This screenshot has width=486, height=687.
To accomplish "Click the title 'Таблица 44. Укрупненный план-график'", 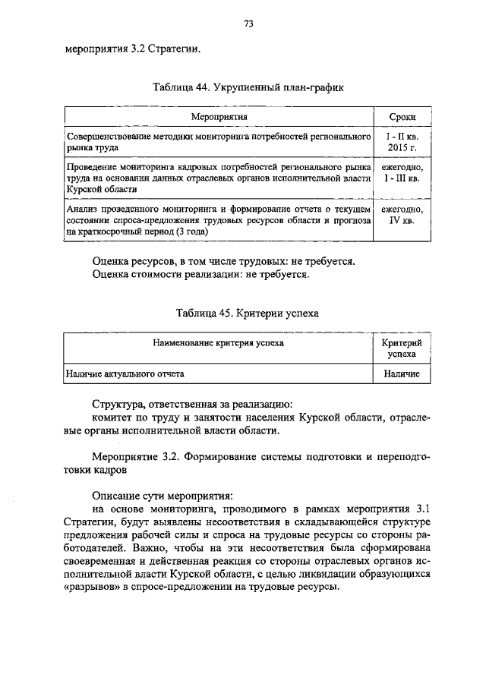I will pos(248,87).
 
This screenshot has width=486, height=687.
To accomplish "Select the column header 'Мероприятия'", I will pos(220,116).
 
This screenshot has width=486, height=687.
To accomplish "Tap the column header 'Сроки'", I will pos(402,116).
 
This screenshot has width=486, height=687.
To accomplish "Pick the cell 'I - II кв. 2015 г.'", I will pos(402,141).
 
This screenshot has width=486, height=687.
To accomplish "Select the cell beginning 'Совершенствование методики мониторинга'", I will pos(217,141).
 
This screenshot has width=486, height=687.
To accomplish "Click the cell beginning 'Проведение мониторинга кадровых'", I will pos(217,178).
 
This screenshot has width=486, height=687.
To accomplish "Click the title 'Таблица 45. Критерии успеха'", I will pos(248,313).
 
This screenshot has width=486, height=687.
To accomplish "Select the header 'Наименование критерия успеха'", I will pos(218,343).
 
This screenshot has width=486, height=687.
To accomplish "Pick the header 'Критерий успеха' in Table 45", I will pos(402,348).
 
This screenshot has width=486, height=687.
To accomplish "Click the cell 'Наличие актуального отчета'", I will pos(125,374).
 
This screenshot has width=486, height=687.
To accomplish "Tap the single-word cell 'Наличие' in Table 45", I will pos(402,374).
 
